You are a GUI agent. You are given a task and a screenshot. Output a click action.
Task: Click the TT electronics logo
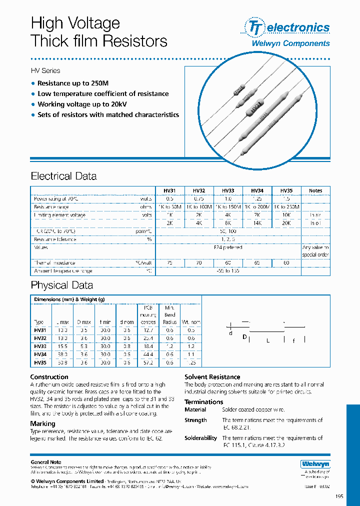click(286, 27)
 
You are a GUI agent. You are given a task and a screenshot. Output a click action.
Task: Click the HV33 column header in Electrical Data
click(228, 190)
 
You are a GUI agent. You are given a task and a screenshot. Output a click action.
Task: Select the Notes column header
click(315, 190)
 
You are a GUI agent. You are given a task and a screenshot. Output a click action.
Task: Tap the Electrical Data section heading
click(63, 176)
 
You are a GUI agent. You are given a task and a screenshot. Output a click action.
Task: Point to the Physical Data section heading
click(61, 285)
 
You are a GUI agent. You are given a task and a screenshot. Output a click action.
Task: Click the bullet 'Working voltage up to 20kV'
click(82, 104)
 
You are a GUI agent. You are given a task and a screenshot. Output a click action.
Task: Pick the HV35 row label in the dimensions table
click(39, 362)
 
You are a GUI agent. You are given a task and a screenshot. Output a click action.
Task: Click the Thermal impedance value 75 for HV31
click(170, 262)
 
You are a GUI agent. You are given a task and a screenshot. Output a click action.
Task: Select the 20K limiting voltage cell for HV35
click(286, 223)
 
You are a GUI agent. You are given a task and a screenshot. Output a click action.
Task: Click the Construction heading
click(49, 377)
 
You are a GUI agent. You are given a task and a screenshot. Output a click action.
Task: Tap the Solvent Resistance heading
click(212, 377)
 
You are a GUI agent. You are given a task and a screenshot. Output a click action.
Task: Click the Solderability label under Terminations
click(200, 438)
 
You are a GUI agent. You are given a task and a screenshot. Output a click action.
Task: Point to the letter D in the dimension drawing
click(244, 337)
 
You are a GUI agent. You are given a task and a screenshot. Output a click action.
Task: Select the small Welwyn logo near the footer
click(315, 464)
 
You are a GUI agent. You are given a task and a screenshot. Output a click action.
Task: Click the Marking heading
click(42, 423)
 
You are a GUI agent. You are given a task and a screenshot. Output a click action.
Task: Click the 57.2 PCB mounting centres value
click(148, 362)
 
